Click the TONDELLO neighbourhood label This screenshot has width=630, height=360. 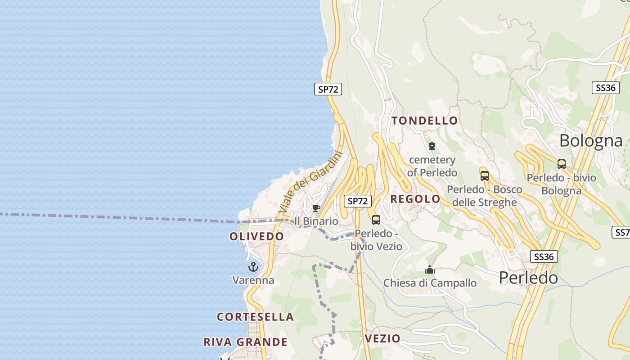[424, 121]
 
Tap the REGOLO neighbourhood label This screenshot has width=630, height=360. [415, 199]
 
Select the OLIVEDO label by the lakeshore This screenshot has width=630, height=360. [256, 236]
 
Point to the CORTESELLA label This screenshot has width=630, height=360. [255, 317]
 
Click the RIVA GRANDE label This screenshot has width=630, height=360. [245, 342]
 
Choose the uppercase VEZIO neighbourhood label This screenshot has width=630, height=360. [382, 338]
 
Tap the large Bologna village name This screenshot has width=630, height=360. [591, 141]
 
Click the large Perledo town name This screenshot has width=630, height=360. [528, 278]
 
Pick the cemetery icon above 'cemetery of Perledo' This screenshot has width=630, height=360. [432, 146]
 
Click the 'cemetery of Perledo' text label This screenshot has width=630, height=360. [432, 166]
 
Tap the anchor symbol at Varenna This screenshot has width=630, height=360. [253, 267]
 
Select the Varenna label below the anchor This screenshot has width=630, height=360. [253, 280]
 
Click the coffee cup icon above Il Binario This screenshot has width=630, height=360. [316, 208]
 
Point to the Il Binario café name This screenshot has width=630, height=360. [316, 221]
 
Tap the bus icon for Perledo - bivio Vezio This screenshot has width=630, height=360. [376, 220]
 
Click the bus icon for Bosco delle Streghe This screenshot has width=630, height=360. [484, 176]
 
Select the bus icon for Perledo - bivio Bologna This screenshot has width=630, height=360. [561, 164]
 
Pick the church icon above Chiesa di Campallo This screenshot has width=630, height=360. [430, 270]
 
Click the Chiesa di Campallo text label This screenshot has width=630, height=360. [430, 283]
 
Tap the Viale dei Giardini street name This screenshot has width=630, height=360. [310, 182]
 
